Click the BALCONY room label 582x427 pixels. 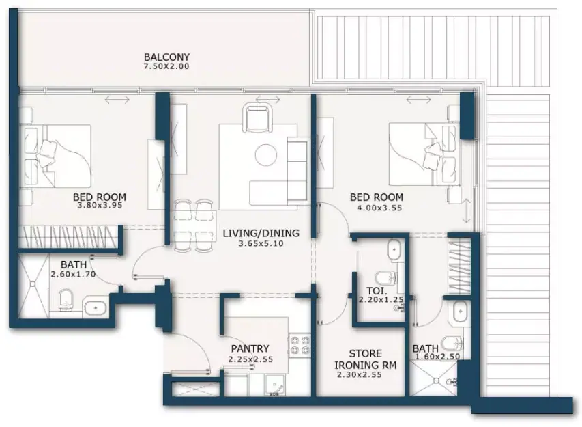(166, 57)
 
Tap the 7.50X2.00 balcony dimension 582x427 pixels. (166, 66)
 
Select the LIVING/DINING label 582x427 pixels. (261, 234)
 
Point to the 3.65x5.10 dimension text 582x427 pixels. (261, 244)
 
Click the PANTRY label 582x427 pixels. (250, 348)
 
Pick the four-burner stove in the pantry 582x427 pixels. (300, 345)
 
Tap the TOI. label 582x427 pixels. (377, 291)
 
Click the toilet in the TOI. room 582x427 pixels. (385, 277)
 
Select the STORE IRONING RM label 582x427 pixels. (366, 359)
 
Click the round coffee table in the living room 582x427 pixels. (266, 154)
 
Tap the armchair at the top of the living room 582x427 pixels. (257, 118)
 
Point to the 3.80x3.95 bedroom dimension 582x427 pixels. (100, 205)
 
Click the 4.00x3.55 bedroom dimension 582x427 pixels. (379, 208)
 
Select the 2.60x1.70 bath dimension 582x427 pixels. (73, 274)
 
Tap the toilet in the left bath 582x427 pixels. (66, 300)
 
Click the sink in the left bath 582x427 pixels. (96, 308)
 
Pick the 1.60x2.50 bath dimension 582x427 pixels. (438, 357)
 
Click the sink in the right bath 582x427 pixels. (460, 312)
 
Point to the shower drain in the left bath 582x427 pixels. (33, 284)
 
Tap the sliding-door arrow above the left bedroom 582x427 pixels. (117, 100)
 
